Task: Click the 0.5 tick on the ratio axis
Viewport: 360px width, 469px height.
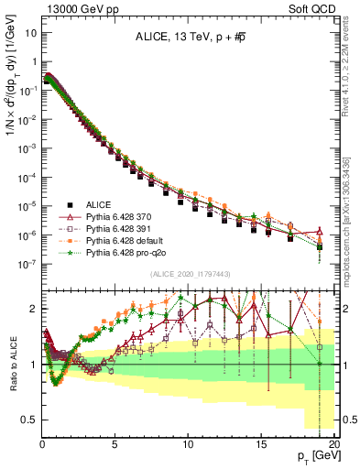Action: tap(29, 420)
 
